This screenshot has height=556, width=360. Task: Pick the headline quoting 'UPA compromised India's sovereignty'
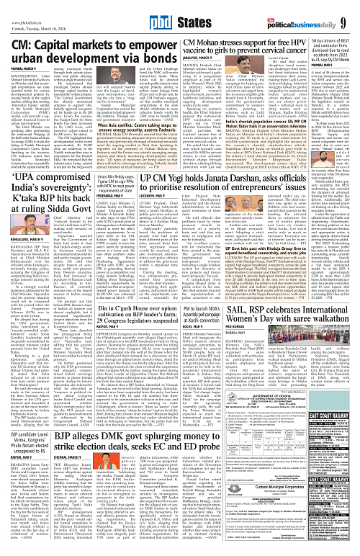tap(55, 204)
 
